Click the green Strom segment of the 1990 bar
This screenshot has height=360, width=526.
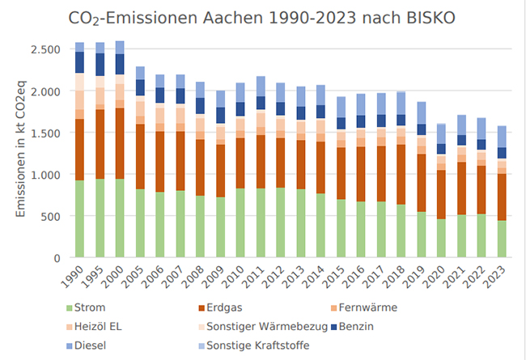[79, 218]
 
